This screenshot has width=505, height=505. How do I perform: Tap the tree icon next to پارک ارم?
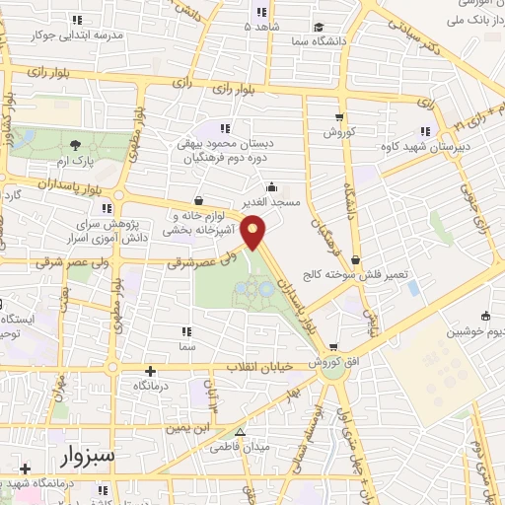[x=75, y=144]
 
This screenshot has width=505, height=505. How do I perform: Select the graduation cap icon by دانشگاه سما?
[x=318, y=28]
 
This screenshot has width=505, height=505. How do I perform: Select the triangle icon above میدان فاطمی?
[x=240, y=432]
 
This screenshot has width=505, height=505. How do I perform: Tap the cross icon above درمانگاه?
[x=150, y=372]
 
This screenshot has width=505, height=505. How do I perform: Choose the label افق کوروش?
[x=337, y=363]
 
